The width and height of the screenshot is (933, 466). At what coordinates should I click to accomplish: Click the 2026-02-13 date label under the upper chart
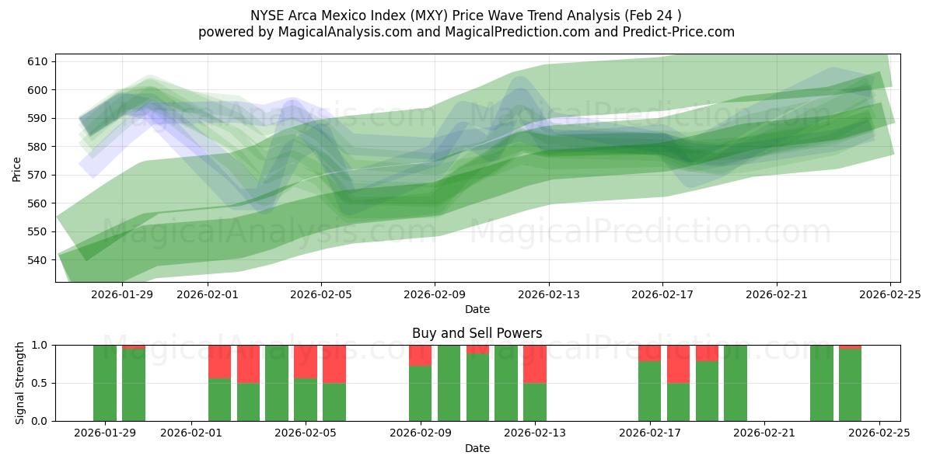click(x=549, y=294)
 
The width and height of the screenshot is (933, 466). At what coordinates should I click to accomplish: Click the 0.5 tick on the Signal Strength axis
click(x=41, y=383)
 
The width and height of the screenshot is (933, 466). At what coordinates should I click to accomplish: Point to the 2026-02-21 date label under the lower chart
click(x=764, y=433)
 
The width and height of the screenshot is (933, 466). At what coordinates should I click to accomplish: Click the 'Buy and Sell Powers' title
click(x=477, y=333)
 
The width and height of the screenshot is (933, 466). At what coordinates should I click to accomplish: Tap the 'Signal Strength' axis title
click(x=20, y=383)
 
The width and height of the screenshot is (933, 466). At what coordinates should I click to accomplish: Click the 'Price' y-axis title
click(x=17, y=168)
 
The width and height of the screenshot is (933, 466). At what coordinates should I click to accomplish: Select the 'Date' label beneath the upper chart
click(x=477, y=309)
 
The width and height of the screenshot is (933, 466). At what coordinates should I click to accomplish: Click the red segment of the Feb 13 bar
click(x=535, y=363)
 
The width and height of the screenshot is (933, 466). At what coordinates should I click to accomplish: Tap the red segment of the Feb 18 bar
click(x=678, y=363)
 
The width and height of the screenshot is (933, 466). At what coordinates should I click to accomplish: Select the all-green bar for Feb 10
click(x=449, y=383)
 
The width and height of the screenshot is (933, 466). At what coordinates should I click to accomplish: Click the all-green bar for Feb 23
click(x=821, y=383)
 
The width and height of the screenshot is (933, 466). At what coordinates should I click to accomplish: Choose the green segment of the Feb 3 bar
click(x=248, y=402)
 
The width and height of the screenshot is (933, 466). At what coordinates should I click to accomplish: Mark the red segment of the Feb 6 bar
click(x=334, y=363)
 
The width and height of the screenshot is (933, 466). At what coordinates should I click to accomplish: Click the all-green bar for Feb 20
click(x=736, y=383)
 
